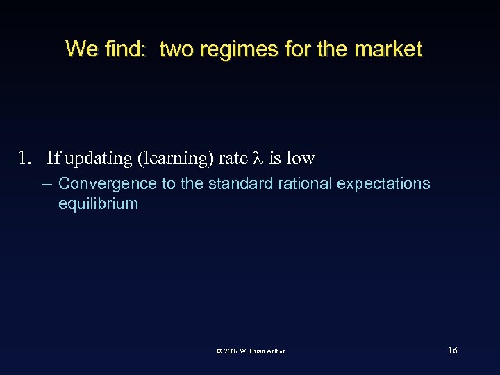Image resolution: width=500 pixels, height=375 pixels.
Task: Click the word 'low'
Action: (x=300, y=158)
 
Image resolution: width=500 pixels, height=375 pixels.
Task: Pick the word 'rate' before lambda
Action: (x=233, y=158)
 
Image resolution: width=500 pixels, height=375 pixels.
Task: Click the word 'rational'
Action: (x=306, y=184)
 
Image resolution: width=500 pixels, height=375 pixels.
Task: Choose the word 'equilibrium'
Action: (x=98, y=204)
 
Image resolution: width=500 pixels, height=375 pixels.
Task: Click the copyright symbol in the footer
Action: (x=219, y=351)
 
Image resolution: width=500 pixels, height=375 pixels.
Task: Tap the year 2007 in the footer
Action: (x=231, y=351)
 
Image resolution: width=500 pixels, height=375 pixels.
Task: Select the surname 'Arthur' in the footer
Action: (x=274, y=351)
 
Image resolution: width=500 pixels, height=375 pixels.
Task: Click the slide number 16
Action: (x=452, y=351)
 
